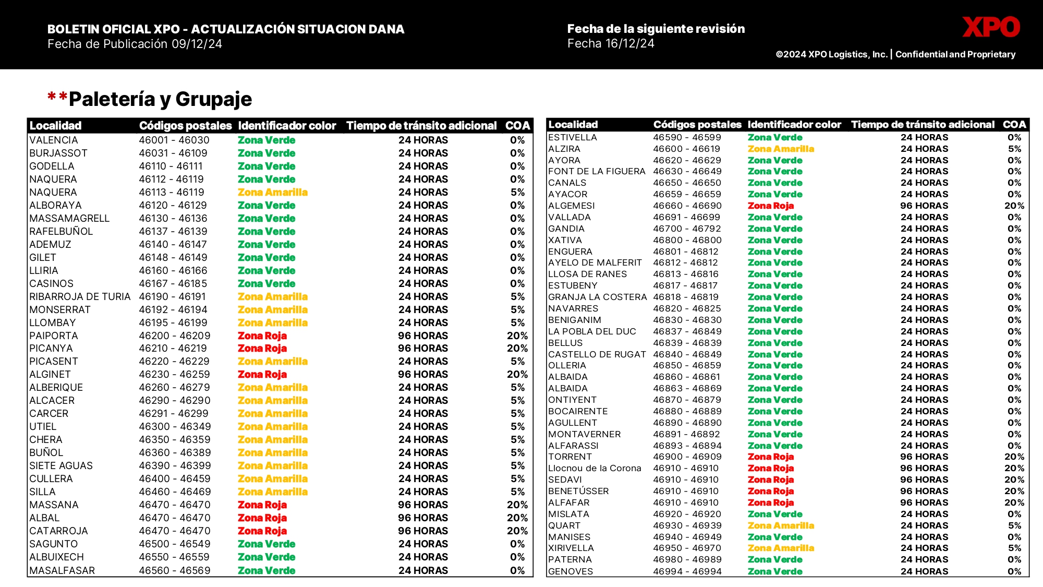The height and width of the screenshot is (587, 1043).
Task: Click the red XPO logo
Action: pyautogui.click(x=991, y=27)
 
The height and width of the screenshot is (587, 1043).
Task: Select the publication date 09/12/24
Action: pyautogui.click(x=197, y=44)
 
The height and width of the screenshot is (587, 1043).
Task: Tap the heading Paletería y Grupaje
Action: pyautogui.click(x=160, y=99)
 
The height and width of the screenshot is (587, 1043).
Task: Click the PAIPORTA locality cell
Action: pyautogui.click(x=54, y=336)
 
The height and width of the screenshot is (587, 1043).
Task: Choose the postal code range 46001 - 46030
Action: pyautogui.click(x=174, y=140)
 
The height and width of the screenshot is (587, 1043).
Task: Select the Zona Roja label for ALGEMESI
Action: pyautogui.click(x=771, y=206)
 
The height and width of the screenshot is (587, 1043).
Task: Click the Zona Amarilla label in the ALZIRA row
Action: pyautogui.click(x=781, y=149)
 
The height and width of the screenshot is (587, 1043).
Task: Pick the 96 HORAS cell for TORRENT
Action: pyautogui.click(x=924, y=457)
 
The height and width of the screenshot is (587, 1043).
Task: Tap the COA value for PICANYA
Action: pyautogui.click(x=517, y=348)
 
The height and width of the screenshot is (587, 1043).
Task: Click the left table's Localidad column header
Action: pyautogui.click(x=56, y=126)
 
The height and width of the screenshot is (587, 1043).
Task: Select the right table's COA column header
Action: pyautogui.click(x=1014, y=125)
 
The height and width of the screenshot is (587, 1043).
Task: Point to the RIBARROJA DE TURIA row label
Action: pyautogui.click(x=80, y=296)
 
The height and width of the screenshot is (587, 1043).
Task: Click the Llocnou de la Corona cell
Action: pyautogui.click(x=595, y=468)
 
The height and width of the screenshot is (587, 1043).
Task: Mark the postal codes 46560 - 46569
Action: pyautogui.click(x=174, y=570)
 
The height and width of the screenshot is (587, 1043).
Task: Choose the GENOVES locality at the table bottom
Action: pyautogui.click(x=571, y=571)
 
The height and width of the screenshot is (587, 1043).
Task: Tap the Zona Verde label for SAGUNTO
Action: pyautogui.click(x=266, y=544)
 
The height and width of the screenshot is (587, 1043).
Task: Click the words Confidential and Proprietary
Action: pyautogui.click(x=955, y=54)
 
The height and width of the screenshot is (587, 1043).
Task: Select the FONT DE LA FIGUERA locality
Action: pyautogui.click(x=597, y=171)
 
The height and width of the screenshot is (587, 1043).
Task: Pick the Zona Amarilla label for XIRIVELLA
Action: pyautogui.click(x=781, y=548)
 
